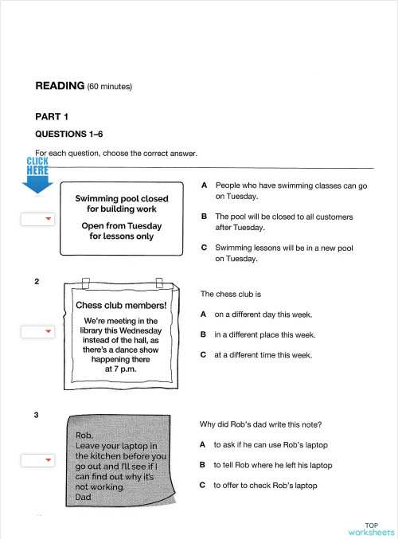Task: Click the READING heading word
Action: coord(60,85)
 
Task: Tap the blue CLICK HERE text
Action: coord(37,166)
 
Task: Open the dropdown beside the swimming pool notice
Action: coord(37,219)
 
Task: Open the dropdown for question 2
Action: coord(37,331)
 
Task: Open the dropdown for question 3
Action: coord(37,459)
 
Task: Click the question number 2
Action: coord(37,281)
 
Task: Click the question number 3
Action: coord(37,415)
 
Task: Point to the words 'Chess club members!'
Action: coord(120,305)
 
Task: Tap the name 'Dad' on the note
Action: coord(83,497)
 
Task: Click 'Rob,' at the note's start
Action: coord(84,435)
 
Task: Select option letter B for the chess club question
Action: coord(204,335)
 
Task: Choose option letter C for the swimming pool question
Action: coord(205,248)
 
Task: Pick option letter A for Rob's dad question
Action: coord(203,444)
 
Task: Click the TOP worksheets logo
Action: coord(371,529)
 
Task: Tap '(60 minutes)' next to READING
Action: coord(110,86)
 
